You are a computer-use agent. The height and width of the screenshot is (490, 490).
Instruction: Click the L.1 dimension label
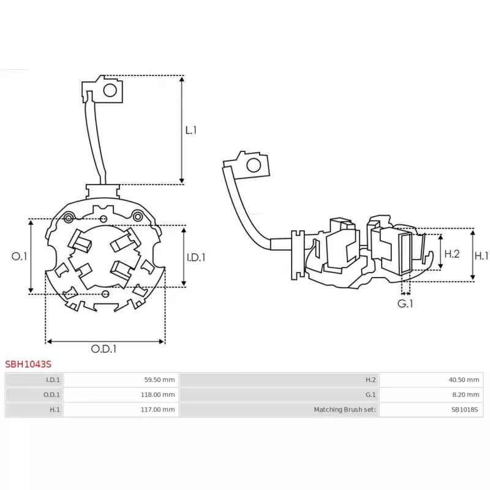click(x=191, y=130)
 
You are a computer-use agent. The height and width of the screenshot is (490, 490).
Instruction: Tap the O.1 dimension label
click(x=19, y=257)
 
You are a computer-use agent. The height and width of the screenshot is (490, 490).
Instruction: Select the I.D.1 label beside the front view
click(x=196, y=258)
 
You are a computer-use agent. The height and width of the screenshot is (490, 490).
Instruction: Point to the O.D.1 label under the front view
click(x=104, y=349)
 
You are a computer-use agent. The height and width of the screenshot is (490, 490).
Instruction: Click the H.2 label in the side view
click(x=452, y=253)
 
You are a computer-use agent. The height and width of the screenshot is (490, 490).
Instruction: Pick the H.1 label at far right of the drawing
click(x=482, y=255)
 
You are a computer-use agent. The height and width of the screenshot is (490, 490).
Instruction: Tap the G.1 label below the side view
click(x=405, y=303)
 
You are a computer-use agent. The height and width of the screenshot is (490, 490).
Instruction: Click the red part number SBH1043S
click(x=28, y=364)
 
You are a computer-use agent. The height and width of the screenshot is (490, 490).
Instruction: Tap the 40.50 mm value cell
click(x=463, y=380)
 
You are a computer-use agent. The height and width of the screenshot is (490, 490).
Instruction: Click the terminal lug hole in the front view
click(x=110, y=91)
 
